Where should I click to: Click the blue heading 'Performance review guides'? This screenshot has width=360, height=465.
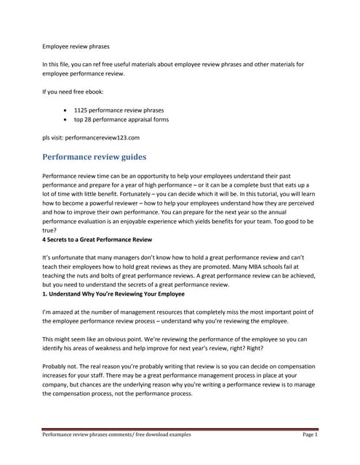tap(94, 156)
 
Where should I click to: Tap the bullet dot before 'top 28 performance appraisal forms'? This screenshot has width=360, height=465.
tap(66, 118)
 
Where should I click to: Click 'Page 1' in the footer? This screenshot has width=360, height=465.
tap(311, 434)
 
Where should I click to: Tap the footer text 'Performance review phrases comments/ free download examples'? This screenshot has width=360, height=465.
tap(116, 434)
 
